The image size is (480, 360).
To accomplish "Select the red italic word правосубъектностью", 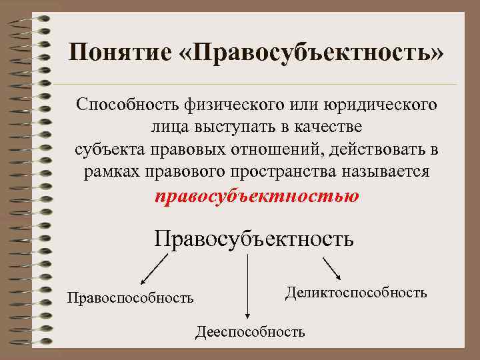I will point(257,196).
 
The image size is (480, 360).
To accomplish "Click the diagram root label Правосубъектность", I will point(253,238).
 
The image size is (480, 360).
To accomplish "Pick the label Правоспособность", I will point(130,297).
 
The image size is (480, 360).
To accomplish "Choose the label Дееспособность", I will point(250,331).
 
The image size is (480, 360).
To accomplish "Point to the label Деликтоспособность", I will point(356,292).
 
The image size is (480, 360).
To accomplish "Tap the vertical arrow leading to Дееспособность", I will point(248,287).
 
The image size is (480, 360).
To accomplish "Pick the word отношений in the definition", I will point(279,148).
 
